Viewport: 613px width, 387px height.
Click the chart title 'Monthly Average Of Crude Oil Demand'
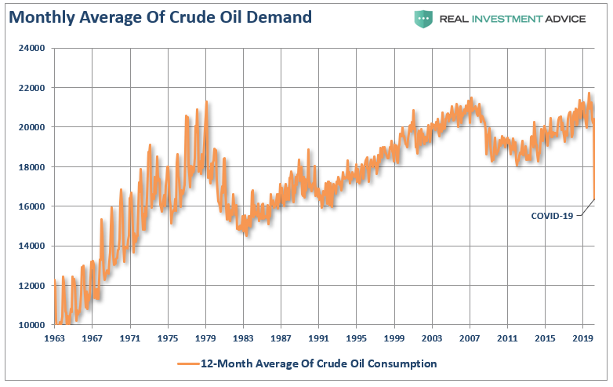pyautogui.click(x=160, y=16)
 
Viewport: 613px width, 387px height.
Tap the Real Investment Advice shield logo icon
pyautogui.click(x=424, y=18)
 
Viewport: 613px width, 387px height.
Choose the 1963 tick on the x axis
pyautogui.click(x=54, y=338)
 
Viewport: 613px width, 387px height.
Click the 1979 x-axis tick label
pyautogui.click(x=205, y=338)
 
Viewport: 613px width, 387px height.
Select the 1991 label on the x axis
pyautogui.click(x=318, y=338)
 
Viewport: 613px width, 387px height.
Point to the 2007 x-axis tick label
pyautogui.click(x=470, y=338)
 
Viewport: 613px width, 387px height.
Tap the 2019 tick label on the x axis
pyautogui.click(x=582, y=338)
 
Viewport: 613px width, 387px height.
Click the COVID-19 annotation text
pyautogui.click(x=553, y=215)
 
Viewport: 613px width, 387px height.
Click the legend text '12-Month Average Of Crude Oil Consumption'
pyautogui.click(x=318, y=363)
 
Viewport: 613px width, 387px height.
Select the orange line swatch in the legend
pyautogui.click(x=188, y=363)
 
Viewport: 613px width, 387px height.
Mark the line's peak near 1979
pyautogui.click(x=207, y=101)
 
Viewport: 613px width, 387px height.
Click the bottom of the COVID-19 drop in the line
pyautogui.click(x=593, y=199)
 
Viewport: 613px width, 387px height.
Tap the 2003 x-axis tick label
pyautogui.click(x=432, y=338)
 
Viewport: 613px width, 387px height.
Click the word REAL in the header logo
pyautogui.click(x=459, y=18)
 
